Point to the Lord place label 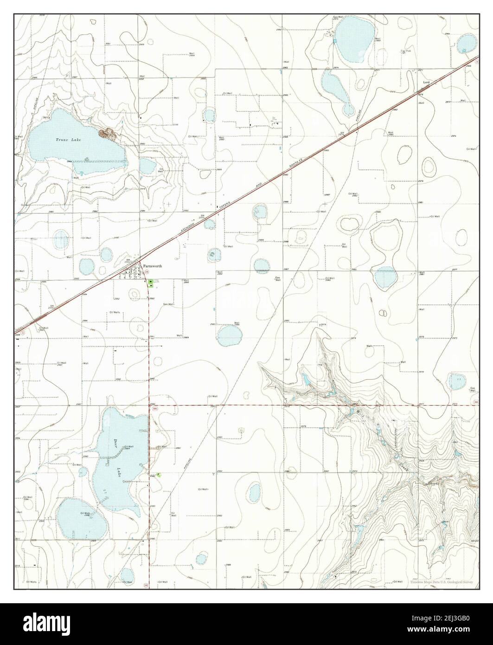pyautogui.click(x=426, y=83)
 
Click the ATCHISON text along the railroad pyautogui.click(x=187, y=232)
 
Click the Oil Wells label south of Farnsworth pyautogui.click(x=115, y=312)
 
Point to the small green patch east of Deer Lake pyautogui.click(x=159, y=474)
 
